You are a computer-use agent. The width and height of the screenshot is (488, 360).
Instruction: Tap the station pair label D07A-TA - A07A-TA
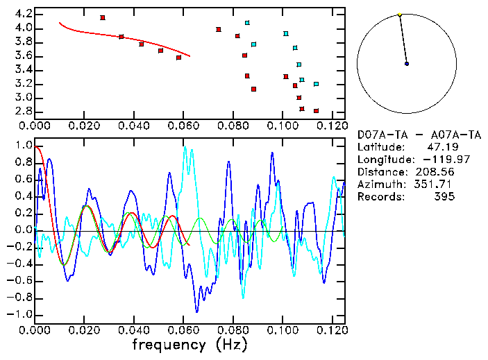click(413, 134)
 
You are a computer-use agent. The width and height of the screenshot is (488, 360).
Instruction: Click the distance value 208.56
click(435, 171)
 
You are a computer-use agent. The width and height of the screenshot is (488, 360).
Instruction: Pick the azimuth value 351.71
click(435, 184)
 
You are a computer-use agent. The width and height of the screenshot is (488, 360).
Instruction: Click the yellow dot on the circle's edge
click(400, 15)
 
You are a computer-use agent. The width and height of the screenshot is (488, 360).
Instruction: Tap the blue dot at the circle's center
click(407, 64)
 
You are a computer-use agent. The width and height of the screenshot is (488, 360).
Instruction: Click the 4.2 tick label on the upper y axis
click(23, 14)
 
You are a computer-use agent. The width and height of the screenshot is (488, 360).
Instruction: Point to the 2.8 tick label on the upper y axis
click(23, 111)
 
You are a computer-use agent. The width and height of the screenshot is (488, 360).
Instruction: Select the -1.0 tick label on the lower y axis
click(20, 314)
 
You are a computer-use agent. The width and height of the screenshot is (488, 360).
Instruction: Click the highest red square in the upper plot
click(103, 17)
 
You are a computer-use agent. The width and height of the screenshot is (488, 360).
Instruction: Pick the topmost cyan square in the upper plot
click(247, 23)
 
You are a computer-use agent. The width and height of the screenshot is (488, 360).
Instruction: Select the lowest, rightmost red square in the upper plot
click(316, 111)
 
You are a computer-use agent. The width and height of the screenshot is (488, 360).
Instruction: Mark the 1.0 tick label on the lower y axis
click(23, 146)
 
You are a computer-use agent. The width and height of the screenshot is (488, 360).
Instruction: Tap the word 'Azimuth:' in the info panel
click(380, 184)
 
